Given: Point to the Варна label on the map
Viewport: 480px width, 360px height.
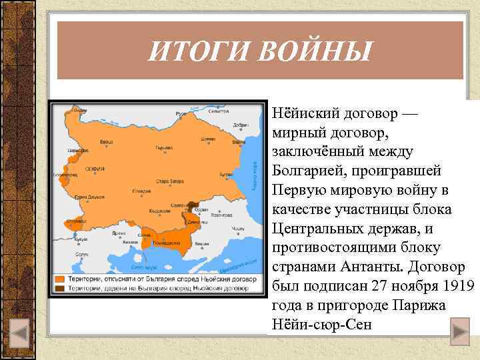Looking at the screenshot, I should point(239,141).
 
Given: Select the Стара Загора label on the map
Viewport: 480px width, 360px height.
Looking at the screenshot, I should point(171,180).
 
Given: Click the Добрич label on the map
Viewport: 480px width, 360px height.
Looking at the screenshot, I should point(241,125).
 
